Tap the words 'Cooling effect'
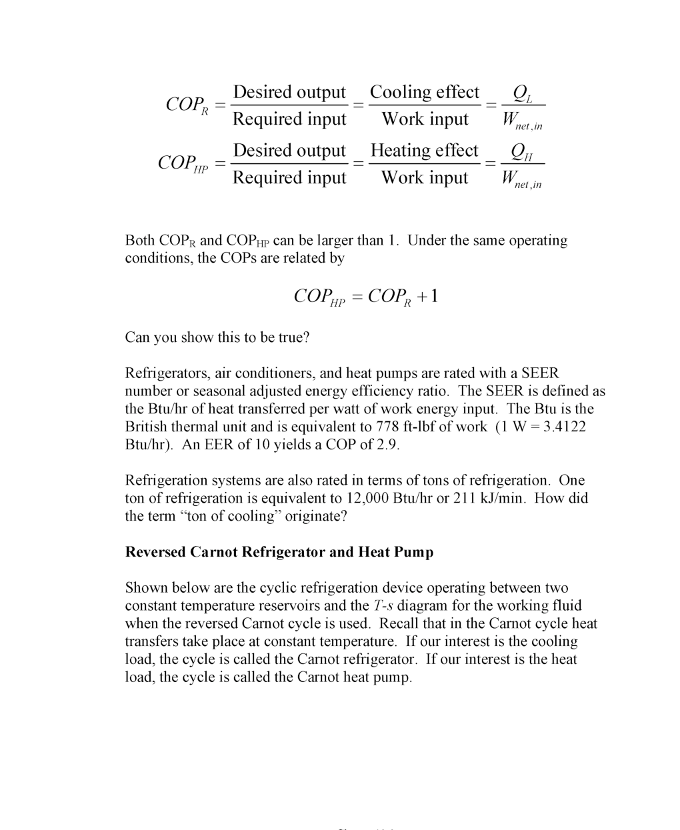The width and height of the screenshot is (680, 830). (425, 92)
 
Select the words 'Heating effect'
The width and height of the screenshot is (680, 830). (425, 151)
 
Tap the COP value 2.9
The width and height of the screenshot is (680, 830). (386, 445)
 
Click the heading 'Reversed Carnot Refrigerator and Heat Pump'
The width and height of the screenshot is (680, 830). (279, 552)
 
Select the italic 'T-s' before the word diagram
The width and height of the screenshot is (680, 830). (382, 606)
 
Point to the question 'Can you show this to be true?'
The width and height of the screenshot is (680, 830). (217, 337)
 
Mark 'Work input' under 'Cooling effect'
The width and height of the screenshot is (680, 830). (425, 119)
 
